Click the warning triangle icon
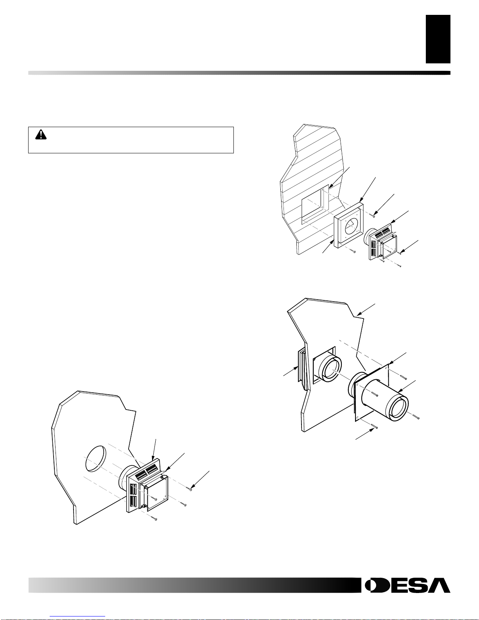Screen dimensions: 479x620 pyautogui.click(x=41, y=135)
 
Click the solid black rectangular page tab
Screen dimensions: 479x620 pyautogui.click(x=438, y=39)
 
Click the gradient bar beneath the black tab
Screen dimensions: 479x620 pyautogui.click(x=239, y=73)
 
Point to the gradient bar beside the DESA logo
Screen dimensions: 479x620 pyautogui.click(x=193, y=585)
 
